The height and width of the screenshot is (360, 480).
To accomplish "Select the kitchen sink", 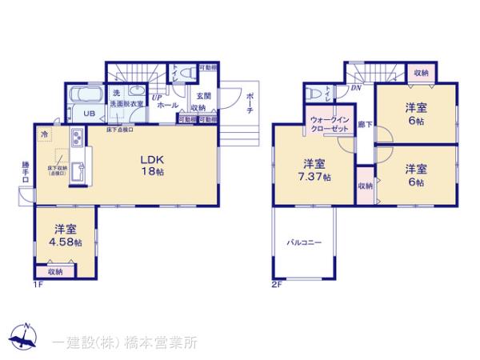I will pos(78,170).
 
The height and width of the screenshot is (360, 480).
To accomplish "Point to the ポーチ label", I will pos(250,102).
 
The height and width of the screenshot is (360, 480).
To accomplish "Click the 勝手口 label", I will pos(26,173).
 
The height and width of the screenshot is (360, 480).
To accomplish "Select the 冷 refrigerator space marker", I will pos(45,132).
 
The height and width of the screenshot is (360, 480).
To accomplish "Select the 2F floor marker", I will pos(276,286).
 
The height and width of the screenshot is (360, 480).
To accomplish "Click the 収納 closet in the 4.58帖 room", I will pos(55,272).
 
